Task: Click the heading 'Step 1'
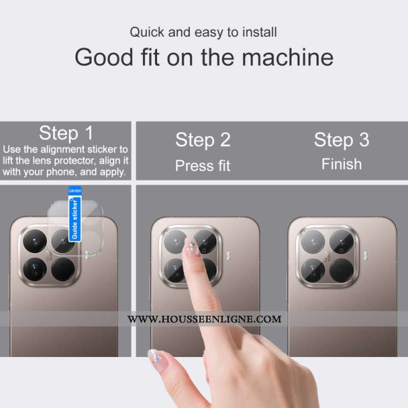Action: tap(66, 133)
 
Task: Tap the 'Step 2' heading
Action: tap(203, 140)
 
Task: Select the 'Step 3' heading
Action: tap(342, 140)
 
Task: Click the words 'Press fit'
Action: tap(202, 166)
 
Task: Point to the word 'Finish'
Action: tap(342, 164)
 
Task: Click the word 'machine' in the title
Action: tap(288, 57)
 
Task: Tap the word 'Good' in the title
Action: tap(104, 57)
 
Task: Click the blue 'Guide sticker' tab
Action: tap(75, 214)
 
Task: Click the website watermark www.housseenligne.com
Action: tap(205, 319)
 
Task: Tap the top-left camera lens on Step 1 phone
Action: tap(35, 241)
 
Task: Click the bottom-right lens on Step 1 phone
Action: tap(63, 269)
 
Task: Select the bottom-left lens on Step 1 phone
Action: tap(35, 269)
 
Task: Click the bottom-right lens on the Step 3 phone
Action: tap(341, 270)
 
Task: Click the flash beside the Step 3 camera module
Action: tap(366, 256)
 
